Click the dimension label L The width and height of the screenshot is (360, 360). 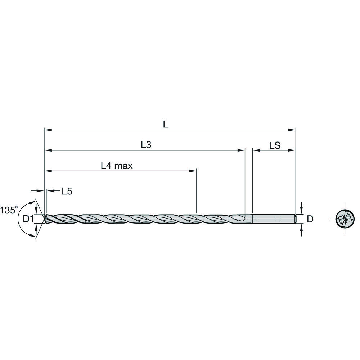165,125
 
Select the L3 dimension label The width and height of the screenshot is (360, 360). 145,145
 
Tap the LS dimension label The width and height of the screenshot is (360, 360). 275,145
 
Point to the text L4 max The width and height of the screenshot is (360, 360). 117,166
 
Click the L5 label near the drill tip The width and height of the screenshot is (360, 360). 67,191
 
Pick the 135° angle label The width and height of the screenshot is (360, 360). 9,210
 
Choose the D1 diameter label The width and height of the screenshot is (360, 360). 28,219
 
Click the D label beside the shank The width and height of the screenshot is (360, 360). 310,219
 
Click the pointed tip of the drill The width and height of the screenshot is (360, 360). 45,218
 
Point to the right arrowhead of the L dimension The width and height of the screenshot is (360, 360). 293,129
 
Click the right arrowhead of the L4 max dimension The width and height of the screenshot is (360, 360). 194,170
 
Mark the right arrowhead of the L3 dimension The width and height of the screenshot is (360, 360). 242,150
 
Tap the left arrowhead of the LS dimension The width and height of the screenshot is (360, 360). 255,150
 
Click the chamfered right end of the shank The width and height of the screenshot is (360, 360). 296,219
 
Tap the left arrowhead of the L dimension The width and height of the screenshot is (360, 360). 47,129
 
